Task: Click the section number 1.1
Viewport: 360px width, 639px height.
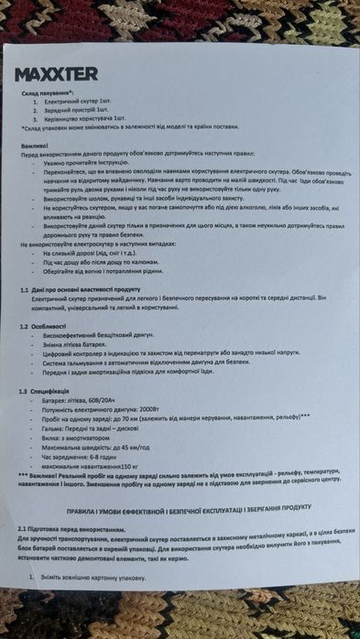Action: (25, 289)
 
